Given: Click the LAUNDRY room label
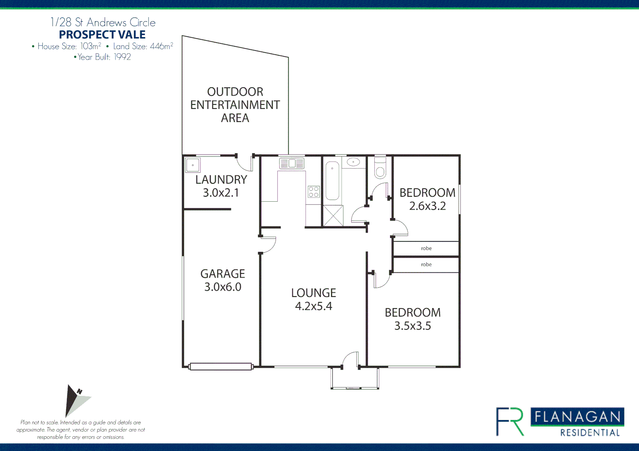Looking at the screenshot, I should (221, 180).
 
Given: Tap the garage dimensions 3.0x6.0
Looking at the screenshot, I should (222, 287).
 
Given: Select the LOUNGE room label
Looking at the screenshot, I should (313, 293).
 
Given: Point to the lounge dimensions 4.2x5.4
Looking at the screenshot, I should (313, 307).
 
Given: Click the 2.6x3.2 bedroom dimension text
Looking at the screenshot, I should (427, 206).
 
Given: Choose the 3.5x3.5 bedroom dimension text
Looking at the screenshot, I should (412, 326).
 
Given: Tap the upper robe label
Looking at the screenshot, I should (426, 248).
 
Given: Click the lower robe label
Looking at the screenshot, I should (426, 265).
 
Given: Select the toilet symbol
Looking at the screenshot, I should (380, 169).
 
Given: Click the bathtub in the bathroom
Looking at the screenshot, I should (332, 181).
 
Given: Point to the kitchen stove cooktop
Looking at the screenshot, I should (314, 192).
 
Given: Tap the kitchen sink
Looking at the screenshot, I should (292, 163).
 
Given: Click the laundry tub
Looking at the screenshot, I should (193, 165).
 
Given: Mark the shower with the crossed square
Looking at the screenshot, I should (333, 216).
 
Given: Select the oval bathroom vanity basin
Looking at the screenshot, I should (353, 162).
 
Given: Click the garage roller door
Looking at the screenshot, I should (221, 367).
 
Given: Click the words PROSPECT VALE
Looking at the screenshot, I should (102, 35).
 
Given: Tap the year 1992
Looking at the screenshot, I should (122, 57).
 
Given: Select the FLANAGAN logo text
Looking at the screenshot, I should (577, 417).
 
